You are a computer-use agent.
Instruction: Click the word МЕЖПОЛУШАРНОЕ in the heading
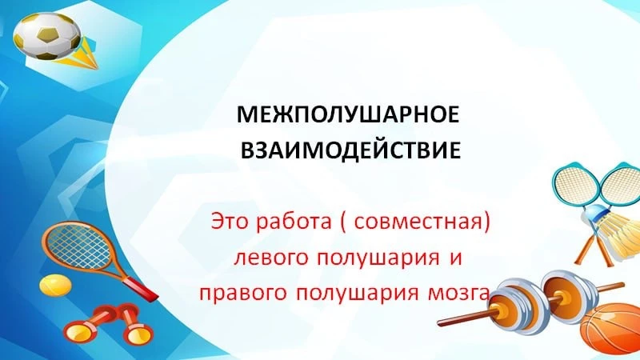(x=348, y=114)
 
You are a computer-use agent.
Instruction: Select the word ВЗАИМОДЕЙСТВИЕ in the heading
(x=350, y=150)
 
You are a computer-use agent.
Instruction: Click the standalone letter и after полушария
(x=455, y=258)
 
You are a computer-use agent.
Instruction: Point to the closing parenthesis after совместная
(x=486, y=223)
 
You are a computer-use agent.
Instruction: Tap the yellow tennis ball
(x=55, y=285)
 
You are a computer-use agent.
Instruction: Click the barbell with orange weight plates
(x=530, y=302)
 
